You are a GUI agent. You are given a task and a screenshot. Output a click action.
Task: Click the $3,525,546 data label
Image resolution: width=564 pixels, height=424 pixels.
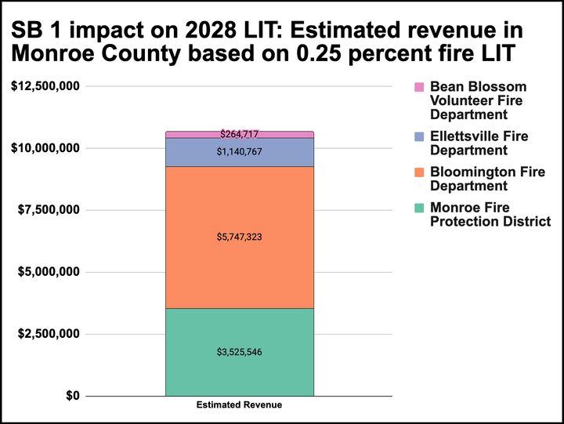[239, 352]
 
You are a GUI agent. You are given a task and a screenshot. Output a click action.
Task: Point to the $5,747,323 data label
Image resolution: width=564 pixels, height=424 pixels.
[239, 236]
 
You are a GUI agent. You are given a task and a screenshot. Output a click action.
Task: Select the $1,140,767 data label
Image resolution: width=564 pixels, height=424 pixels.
[239, 152]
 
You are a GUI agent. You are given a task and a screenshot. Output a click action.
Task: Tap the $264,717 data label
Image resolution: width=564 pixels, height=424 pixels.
[239, 135]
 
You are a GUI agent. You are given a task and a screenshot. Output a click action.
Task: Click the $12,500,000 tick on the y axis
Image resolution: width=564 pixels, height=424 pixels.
[45, 86]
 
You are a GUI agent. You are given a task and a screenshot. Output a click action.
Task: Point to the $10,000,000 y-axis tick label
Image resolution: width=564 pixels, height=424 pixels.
[45, 148]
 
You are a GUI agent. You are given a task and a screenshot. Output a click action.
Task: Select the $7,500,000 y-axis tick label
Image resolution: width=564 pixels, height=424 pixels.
[49, 210]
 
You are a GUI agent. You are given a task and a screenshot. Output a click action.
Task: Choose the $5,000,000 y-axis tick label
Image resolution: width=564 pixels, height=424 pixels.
[49, 272]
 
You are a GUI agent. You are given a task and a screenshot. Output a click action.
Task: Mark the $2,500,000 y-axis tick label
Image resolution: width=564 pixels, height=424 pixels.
[49, 334]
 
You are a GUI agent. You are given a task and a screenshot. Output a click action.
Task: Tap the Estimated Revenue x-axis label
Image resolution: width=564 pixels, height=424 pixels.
[239, 406]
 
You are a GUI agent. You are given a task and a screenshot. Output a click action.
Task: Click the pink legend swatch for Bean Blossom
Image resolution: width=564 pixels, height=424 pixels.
[418, 87]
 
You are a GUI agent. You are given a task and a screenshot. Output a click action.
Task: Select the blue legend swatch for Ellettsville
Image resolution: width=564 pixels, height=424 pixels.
[418, 136]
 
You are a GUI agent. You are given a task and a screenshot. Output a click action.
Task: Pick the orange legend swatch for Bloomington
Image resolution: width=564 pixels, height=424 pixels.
[418, 172]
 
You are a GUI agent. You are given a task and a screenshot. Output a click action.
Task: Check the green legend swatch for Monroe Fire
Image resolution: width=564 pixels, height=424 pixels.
[418, 208]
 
